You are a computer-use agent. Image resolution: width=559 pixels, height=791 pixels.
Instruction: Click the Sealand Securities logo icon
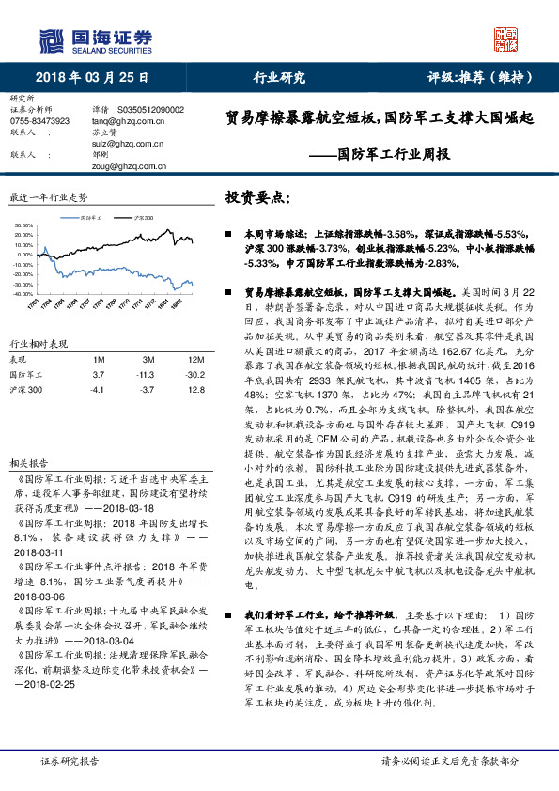point(54,40)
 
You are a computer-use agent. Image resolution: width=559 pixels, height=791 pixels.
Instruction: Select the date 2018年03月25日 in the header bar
point(85,78)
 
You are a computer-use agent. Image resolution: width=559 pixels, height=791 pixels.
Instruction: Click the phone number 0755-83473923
point(39,121)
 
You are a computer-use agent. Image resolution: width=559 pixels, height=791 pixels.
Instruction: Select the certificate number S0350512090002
point(152,110)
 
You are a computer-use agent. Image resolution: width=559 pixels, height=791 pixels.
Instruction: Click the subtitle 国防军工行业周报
point(394,154)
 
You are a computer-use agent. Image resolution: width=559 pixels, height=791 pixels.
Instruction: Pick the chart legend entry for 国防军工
point(91,217)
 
